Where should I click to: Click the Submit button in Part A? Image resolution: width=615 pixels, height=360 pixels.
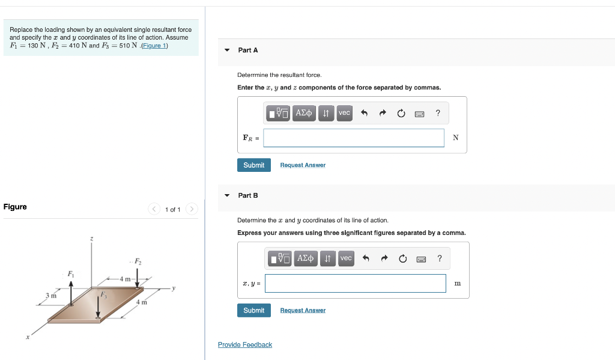(253, 165)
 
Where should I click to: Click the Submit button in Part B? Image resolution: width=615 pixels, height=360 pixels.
(253, 310)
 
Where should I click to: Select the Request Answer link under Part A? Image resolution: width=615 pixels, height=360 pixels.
(303, 165)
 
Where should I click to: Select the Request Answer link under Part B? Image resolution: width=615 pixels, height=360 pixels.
(303, 311)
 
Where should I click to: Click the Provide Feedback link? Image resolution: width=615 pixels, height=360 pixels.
(244, 344)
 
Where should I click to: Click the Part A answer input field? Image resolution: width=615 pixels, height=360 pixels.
(354, 138)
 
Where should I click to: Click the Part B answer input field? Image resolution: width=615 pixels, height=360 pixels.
(355, 283)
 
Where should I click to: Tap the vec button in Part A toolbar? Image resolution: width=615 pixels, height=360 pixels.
(344, 113)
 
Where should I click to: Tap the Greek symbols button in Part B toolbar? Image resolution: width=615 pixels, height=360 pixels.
(304, 258)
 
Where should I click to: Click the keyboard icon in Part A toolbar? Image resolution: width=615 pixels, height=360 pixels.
(419, 113)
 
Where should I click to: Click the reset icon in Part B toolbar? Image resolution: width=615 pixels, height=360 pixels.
(402, 258)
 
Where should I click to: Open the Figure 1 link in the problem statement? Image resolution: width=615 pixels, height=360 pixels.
(154, 46)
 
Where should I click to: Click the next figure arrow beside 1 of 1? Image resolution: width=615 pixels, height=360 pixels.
(192, 209)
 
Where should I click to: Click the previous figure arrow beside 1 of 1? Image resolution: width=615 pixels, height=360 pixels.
(154, 209)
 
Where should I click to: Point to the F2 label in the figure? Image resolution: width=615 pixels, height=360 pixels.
(138, 261)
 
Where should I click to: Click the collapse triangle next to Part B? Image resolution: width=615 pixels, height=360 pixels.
(227, 195)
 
